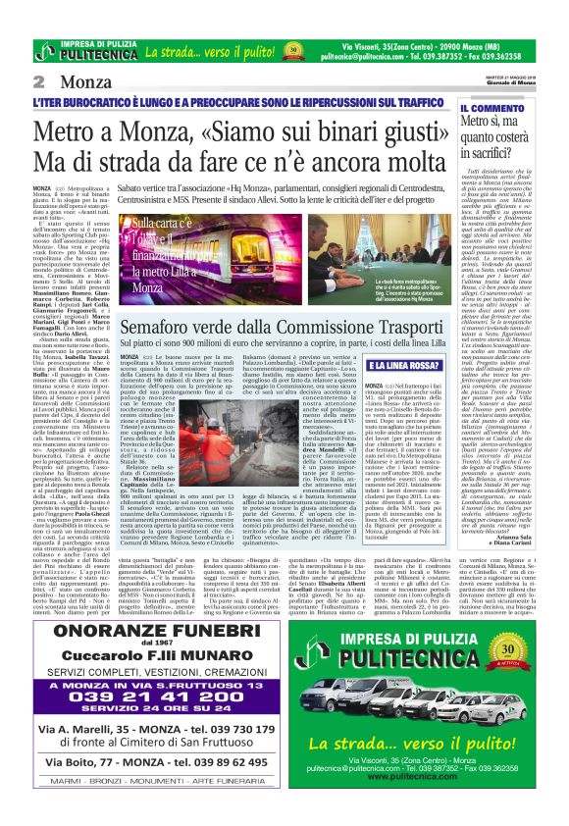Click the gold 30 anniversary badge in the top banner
(291, 49)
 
